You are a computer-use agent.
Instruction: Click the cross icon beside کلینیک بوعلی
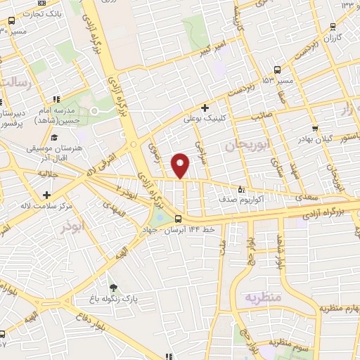204,108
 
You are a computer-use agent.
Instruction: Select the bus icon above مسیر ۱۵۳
278,70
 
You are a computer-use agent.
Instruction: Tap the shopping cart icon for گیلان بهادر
315,129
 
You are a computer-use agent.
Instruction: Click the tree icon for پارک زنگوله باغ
114,287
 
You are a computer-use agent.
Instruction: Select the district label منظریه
262,297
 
